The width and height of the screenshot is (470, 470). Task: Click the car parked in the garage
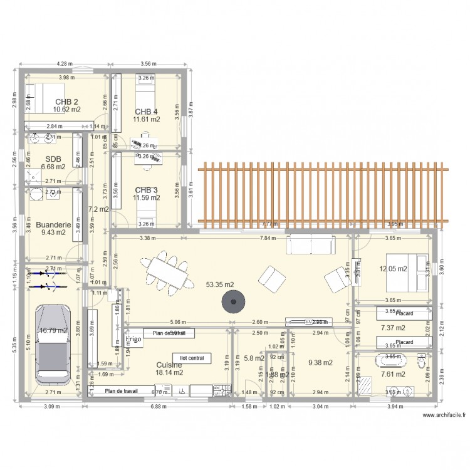tap(55, 343)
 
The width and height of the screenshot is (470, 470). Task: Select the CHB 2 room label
tap(66, 102)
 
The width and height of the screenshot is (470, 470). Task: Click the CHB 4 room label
tap(146, 112)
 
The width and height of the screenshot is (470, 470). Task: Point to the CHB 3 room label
tap(146, 190)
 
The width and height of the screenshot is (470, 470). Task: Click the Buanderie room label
tap(53, 224)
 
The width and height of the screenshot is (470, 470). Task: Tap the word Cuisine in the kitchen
tap(169, 364)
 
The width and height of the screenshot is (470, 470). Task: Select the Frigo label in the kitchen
tap(133, 339)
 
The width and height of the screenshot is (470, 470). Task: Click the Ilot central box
tap(192, 358)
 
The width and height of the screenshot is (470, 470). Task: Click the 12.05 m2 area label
tap(393, 269)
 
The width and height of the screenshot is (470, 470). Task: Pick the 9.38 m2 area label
tap(320, 362)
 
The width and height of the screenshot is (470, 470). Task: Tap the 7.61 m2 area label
tap(393, 374)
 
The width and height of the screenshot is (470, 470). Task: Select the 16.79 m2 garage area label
tap(53, 330)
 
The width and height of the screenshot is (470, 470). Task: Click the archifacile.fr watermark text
tap(444, 415)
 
